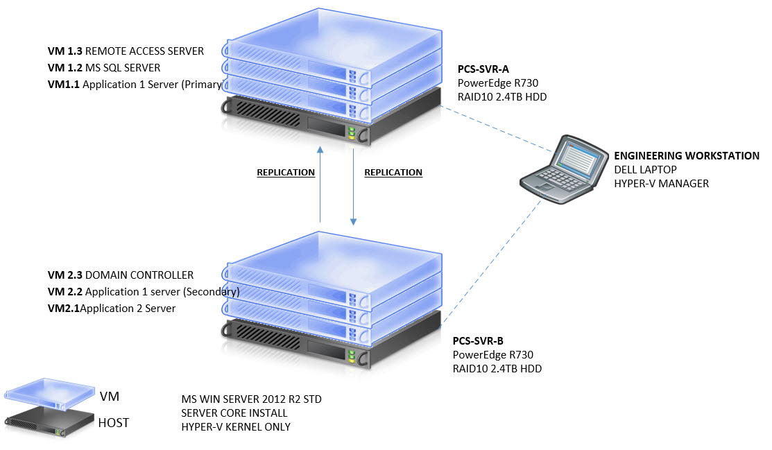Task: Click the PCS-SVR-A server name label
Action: point(484,70)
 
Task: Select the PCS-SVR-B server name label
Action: point(478,341)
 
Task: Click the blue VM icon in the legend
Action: point(50,390)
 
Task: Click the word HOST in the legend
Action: point(114,422)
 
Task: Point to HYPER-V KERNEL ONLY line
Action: point(235,426)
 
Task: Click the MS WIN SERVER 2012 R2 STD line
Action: point(250,399)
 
